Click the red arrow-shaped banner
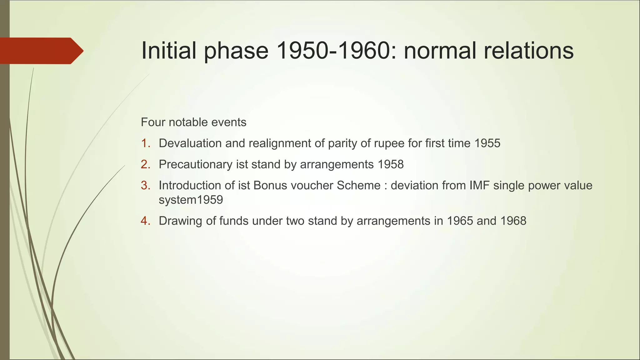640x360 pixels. [x=41, y=51]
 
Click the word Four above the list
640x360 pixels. [x=153, y=122]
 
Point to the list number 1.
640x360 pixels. [x=145, y=143]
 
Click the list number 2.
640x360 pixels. [x=145, y=164]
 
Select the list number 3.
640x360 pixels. [x=145, y=186]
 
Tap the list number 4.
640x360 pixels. [x=145, y=221]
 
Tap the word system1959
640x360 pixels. [x=191, y=200]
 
